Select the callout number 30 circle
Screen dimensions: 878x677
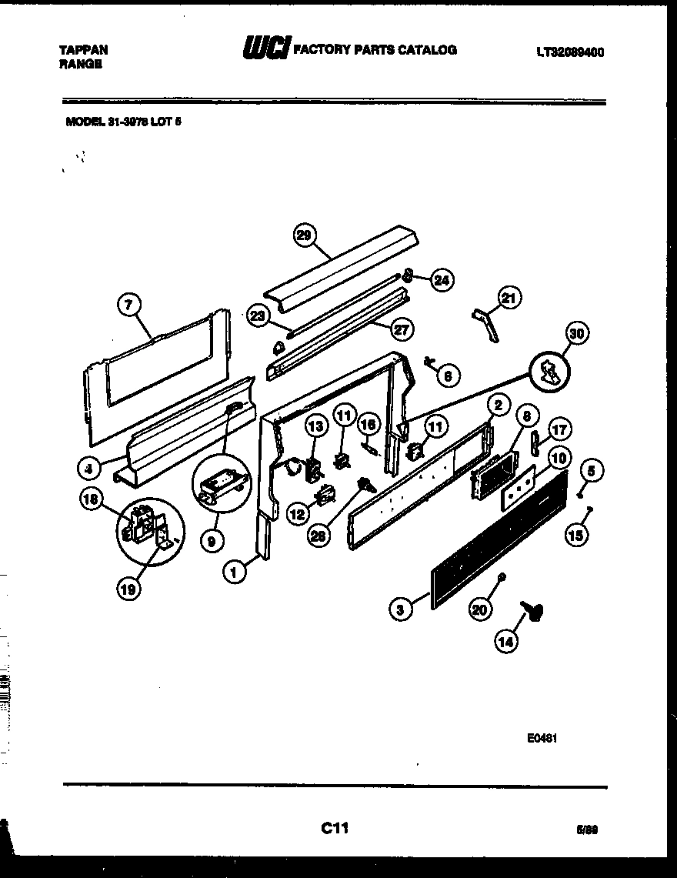coord(576,334)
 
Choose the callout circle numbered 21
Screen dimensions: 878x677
coord(509,297)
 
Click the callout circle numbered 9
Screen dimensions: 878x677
coord(212,541)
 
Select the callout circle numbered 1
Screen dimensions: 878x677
coord(233,570)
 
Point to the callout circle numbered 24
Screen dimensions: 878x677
coord(441,280)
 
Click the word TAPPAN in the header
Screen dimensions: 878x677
coord(84,50)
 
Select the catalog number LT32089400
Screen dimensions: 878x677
coord(569,52)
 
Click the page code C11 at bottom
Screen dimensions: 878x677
coord(335,828)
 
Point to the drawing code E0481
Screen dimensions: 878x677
coord(542,736)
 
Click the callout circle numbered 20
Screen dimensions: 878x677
coord(479,609)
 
